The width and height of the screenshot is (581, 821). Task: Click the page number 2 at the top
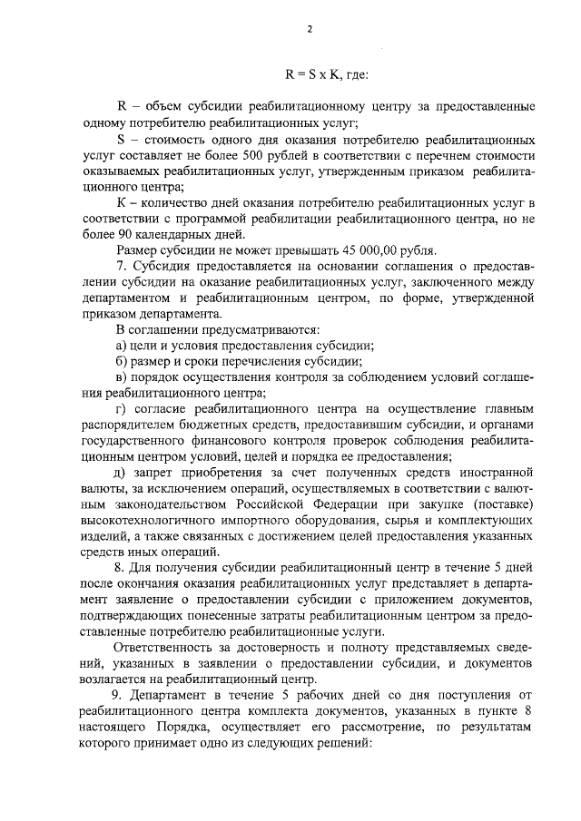pyautogui.click(x=309, y=29)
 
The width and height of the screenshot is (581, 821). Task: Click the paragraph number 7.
pyautogui.click(x=123, y=265)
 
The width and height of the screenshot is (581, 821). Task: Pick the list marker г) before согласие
pyautogui.click(x=122, y=409)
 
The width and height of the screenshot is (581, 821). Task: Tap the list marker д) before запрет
pyautogui.click(x=122, y=473)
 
